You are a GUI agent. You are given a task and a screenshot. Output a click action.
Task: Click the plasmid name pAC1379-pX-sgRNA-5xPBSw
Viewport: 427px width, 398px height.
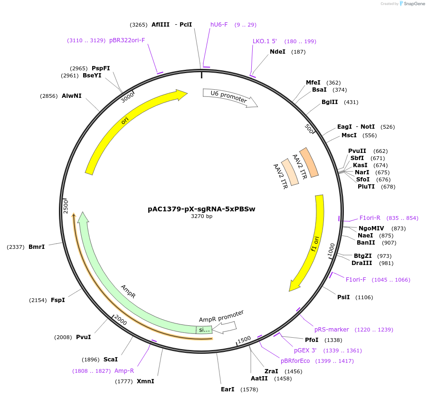(201, 208)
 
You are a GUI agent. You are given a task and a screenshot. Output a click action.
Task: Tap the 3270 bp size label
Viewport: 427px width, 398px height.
(201, 216)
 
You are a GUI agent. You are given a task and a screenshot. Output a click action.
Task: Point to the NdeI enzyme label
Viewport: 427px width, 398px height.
(277, 52)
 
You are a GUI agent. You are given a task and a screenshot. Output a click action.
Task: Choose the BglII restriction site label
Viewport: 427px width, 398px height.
(330, 102)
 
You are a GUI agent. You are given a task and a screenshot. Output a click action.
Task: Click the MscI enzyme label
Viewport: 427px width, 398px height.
(349, 135)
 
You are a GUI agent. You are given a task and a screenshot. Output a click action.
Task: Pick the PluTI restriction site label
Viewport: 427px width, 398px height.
(366, 187)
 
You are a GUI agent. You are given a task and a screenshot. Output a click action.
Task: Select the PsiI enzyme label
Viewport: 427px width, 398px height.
(343, 297)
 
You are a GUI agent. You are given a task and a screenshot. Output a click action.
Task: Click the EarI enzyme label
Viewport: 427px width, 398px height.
(228, 389)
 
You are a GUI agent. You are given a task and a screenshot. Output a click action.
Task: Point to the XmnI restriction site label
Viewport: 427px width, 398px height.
(145, 381)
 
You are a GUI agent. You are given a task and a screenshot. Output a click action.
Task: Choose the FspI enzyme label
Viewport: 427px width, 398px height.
(58, 300)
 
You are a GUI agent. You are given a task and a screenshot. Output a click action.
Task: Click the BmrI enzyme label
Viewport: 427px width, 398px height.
(37, 246)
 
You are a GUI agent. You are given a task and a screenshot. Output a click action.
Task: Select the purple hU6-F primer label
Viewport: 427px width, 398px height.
(219, 25)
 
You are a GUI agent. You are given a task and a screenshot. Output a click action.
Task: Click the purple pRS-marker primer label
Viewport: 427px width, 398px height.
(332, 330)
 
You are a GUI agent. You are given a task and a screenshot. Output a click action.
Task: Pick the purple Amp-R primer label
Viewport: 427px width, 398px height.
(124, 371)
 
